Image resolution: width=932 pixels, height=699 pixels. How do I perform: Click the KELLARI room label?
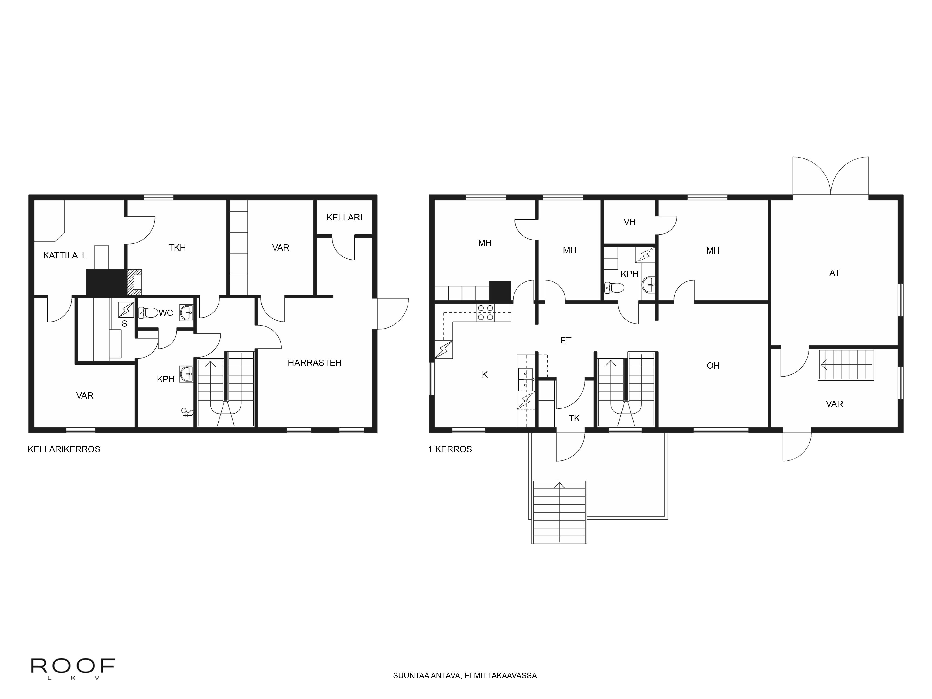pos(344,217)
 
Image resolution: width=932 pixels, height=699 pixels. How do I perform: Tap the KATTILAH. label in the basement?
pos(65,255)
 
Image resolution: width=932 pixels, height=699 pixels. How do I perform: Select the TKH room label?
pos(177,248)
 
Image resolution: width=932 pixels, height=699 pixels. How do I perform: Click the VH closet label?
pos(630,222)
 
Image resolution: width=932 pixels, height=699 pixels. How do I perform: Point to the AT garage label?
pos(834,273)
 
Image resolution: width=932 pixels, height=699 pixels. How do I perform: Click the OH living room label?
pos(713,366)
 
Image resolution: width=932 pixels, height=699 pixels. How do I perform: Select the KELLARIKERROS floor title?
pos(64,449)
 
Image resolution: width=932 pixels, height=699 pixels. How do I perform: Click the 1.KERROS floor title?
pos(450,449)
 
